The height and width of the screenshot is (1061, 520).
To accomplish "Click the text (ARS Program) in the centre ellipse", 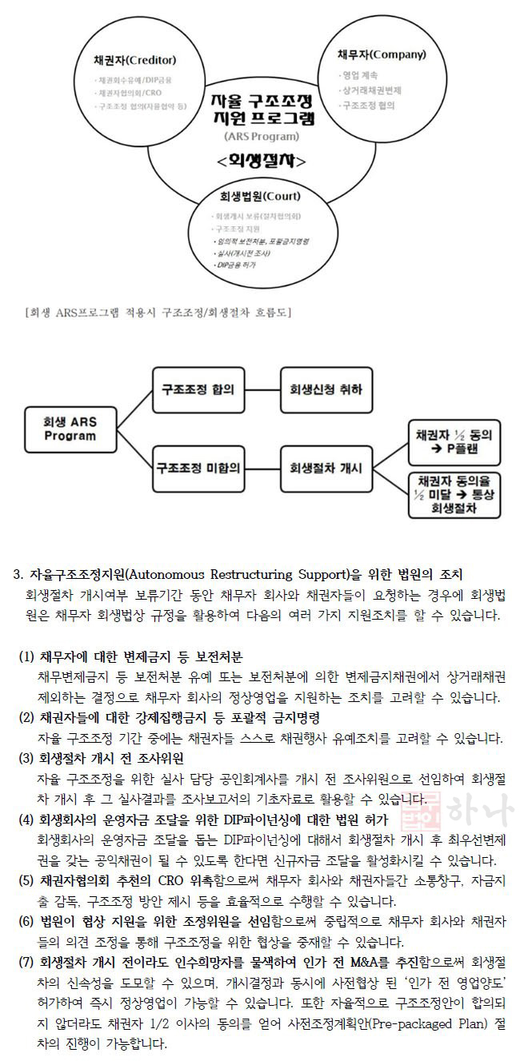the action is pyautogui.click(x=261, y=137).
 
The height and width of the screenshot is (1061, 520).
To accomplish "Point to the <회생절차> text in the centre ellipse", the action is pyautogui.click(x=261, y=161).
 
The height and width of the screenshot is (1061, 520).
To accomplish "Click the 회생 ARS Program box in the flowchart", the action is pyautogui.click(x=70, y=429).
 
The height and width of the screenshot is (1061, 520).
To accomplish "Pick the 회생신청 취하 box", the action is pyautogui.click(x=326, y=390).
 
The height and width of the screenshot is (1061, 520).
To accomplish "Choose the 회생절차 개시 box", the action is pyautogui.click(x=326, y=468).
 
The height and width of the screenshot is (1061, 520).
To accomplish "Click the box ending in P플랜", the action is pyautogui.click(x=454, y=441).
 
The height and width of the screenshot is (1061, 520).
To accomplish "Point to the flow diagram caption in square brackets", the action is pyautogui.click(x=158, y=312).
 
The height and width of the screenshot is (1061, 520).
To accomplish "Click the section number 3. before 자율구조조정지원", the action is pyautogui.click(x=19, y=575).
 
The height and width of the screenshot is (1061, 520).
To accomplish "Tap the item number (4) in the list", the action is pyautogui.click(x=26, y=820).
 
